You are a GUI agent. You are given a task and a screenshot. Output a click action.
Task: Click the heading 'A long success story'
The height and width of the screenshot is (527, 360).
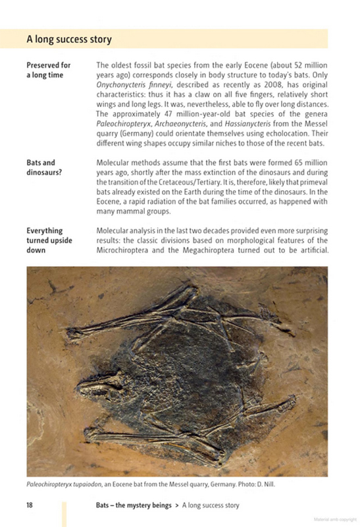(x=69, y=40)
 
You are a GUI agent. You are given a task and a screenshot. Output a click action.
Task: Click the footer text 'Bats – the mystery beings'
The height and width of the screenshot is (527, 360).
(x=132, y=505)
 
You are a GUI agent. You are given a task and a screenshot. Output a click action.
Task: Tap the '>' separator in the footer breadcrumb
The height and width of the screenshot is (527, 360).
(x=176, y=505)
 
